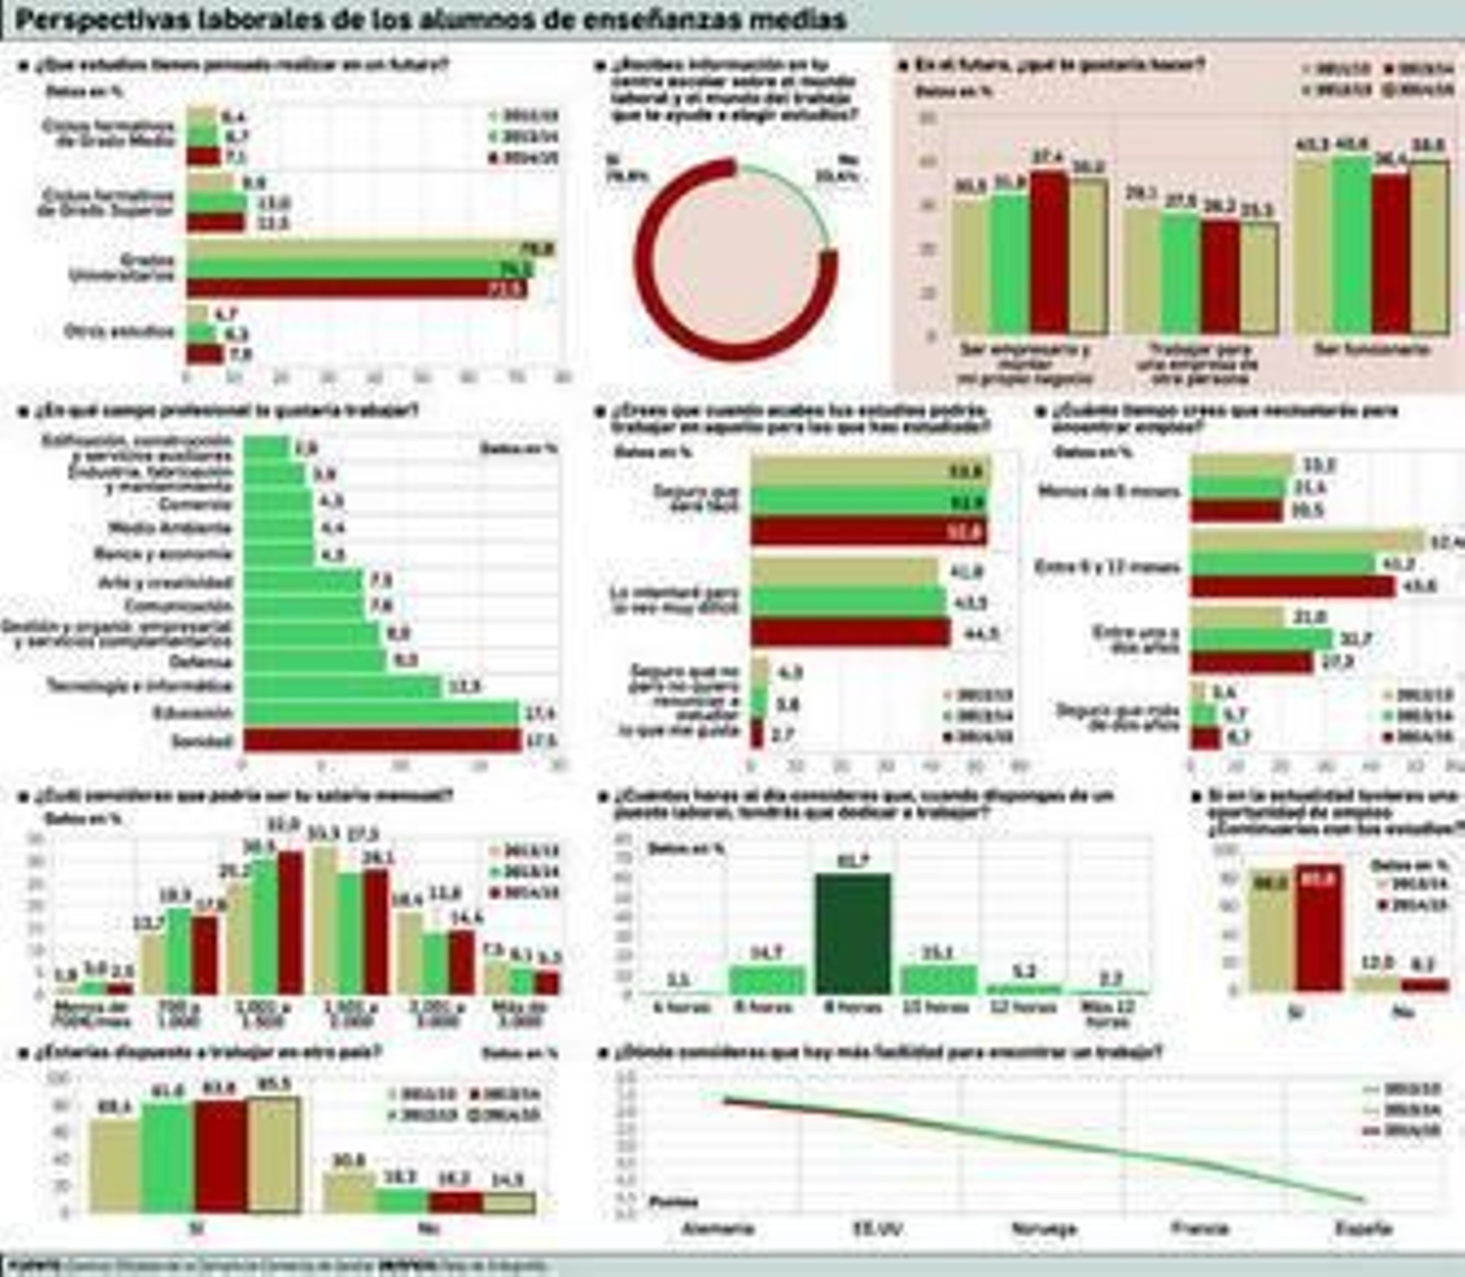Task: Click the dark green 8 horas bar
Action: click(x=852, y=934)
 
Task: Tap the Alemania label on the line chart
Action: click(x=718, y=1228)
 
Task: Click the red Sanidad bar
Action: click(x=381, y=740)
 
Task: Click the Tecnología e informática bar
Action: click(x=342, y=687)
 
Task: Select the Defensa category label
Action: click(x=201, y=661)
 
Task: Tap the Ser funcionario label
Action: click(x=1371, y=350)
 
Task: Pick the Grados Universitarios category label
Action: click(x=121, y=267)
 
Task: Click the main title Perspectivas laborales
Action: click(x=430, y=20)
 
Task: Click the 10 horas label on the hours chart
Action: click(x=935, y=1007)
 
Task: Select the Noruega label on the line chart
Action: click(x=1043, y=1228)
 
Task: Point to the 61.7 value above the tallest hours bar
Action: click(x=852, y=860)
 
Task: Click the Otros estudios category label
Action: click(x=119, y=331)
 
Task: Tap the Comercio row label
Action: click(x=195, y=503)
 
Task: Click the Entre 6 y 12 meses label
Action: click(x=1107, y=567)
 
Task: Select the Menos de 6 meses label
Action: click(x=1109, y=492)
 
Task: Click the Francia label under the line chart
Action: click(x=1199, y=1228)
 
